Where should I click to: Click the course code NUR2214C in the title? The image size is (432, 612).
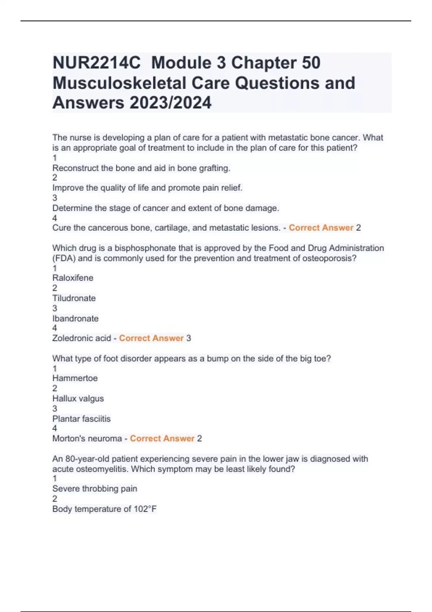click(x=96, y=63)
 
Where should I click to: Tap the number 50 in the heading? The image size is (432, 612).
click(x=311, y=63)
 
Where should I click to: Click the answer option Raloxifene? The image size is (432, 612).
click(x=73, y=278)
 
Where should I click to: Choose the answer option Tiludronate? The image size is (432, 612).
click(x=74, y=298)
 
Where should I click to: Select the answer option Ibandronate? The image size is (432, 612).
click(x=75, y=318)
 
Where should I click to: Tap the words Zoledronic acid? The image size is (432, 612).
click(x=81, y=338)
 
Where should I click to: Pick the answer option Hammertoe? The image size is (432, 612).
click(x=75, y=378)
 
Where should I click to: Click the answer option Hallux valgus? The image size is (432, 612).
click(x=78, y=399)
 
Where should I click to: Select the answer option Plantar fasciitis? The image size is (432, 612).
click(x=81, y=419)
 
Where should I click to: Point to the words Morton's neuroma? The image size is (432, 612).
click(x=87, y=438)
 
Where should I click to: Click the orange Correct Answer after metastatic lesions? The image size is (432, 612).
click(x=321, y=228)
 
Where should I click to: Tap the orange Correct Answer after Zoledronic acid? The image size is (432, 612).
click(x=151, y=338)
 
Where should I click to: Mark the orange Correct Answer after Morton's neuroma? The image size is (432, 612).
click(x=162, y=438)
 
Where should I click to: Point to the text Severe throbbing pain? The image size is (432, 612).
click(x=95, y=489)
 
